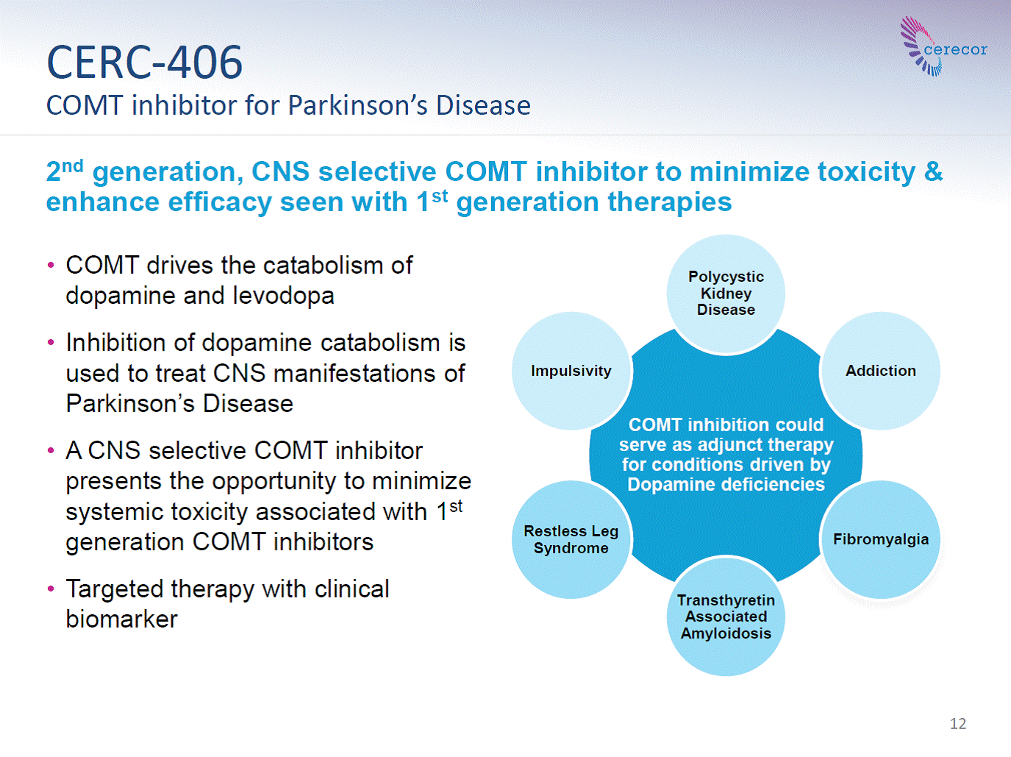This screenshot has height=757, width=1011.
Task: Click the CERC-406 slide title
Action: (x=145, y=63)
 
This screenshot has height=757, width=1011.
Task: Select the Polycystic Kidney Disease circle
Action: (x=726, y=294)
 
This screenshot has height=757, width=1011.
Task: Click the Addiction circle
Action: (x=881, y=371)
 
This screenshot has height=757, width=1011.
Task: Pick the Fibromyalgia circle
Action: (x=881, y=539)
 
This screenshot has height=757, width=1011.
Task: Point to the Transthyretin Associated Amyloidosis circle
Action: (x=726, y=616)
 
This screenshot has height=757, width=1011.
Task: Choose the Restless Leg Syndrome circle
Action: (x=571, y=539)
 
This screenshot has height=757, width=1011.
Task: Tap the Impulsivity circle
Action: (x=571, y=371)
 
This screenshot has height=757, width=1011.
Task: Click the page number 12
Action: (x=958, y=723)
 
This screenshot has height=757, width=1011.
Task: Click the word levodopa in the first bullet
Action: (x=283, y=296)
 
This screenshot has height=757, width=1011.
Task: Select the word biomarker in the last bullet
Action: (x=121, y=619)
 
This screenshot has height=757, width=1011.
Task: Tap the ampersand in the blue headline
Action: (x=933, y=171)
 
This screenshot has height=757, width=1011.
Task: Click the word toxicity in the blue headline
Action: (x=866, y=173)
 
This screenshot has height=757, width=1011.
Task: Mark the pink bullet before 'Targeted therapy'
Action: (x=51, y=589)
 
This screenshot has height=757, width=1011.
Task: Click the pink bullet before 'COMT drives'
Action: (x=51, y=266)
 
